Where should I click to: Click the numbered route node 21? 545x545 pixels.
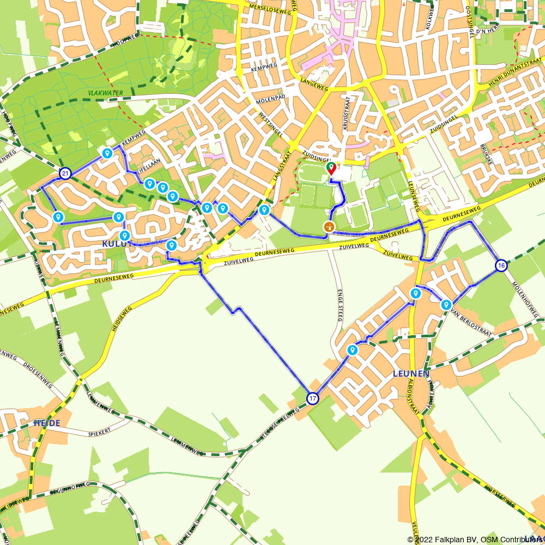65,174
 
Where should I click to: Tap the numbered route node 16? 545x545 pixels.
501,265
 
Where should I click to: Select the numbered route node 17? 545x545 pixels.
312,398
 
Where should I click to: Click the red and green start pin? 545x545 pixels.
331,168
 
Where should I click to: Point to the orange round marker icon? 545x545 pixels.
329,227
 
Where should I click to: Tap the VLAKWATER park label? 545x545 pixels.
106,93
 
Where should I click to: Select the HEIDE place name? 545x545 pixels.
47,423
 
